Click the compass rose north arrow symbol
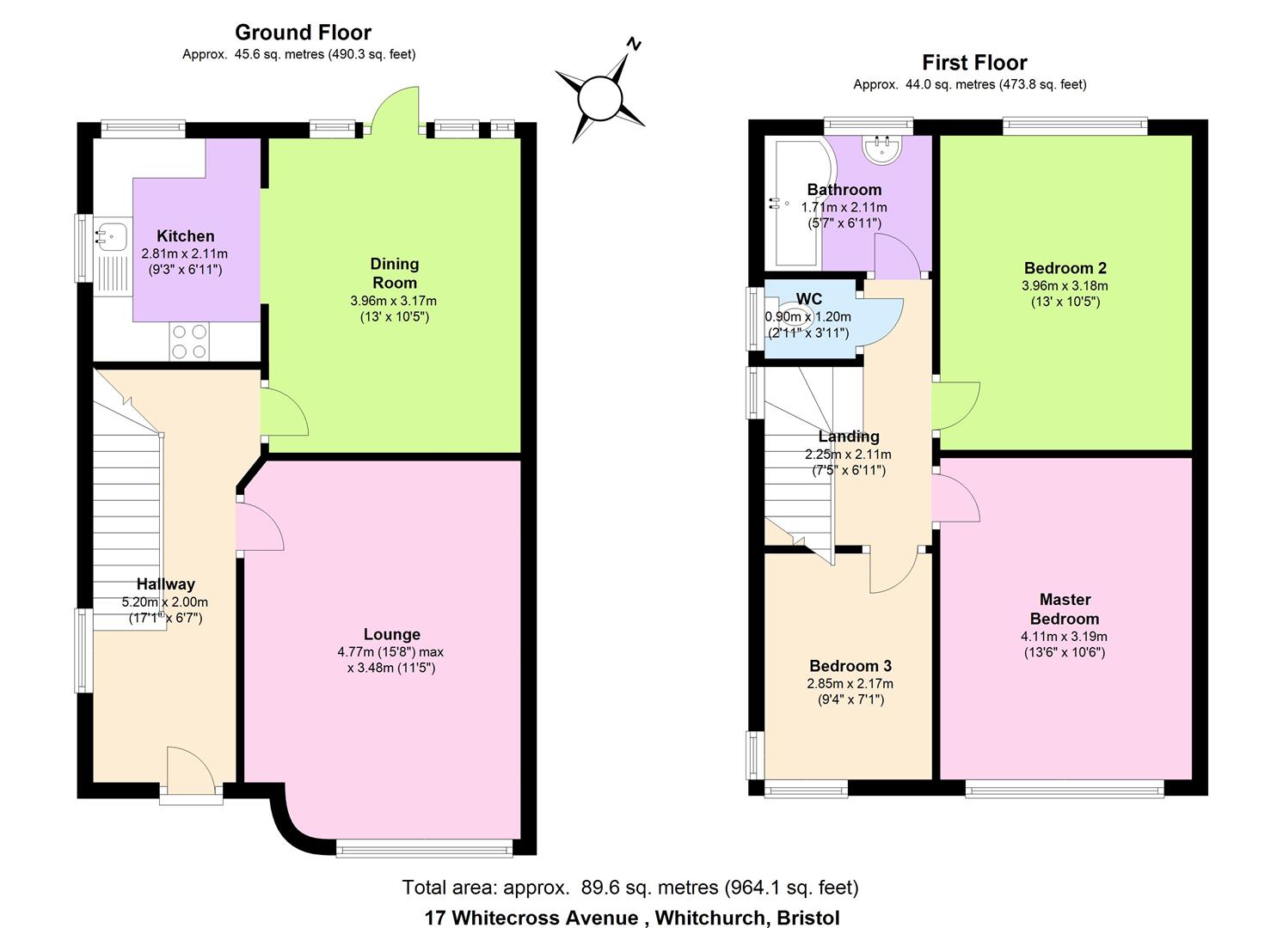[600, 94]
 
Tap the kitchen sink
[112, 234]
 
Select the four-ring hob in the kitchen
[190, 340]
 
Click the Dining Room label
[394, 273]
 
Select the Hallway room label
[165, 584]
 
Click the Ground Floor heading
[303, 33]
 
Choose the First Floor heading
[974, 63]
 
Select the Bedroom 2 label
[1065, 267]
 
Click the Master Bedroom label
[1065, 608]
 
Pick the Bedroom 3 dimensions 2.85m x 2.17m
[850, 684]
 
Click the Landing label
[848, 437]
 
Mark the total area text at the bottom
[630, 887]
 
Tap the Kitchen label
[186, 235]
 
